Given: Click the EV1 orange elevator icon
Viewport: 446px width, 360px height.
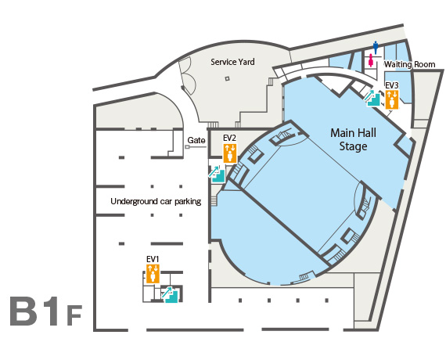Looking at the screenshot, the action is pos(153,274).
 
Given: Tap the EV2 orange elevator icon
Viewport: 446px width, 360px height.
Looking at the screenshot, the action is pos(230,153).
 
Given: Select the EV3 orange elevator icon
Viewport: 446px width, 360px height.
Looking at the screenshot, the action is pos(392,99).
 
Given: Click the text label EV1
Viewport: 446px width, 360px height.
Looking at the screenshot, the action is pos(153,259).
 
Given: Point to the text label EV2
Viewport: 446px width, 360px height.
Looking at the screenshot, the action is pos(229,139).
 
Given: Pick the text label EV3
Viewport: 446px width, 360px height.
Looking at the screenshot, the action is pos(392,85).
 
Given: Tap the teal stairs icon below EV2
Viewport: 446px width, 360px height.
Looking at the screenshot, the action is pos(217,174).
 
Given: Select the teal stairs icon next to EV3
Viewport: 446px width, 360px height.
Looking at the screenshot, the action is pos(372,98).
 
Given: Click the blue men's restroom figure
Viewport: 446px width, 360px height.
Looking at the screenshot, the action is pos(376,48).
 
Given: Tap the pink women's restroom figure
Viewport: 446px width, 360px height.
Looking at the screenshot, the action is pos(371,60).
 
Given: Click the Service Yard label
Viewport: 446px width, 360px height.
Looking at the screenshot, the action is pos(232,62).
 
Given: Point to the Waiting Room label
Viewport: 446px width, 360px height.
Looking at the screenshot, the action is pos(409,65).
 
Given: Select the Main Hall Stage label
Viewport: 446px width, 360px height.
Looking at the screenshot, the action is pos(353,139).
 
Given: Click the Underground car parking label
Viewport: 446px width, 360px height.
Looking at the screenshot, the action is pos(156,201).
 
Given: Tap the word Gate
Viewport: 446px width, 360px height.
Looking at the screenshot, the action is pos(196,140).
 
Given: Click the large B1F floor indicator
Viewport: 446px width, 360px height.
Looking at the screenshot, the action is pos(46,311).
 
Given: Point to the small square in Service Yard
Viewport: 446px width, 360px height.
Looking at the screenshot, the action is pos(227,78).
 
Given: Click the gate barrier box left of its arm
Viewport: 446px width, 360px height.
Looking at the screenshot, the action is pos(187,147).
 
